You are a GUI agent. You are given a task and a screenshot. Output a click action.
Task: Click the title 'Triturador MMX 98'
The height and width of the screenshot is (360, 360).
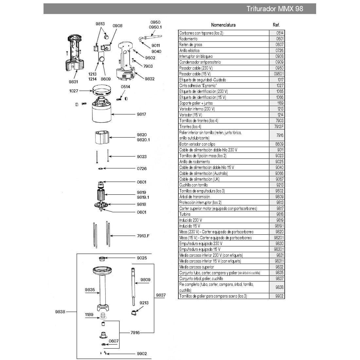point(275,9)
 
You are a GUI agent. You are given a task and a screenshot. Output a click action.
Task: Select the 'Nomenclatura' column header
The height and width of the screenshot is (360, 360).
point(223,25)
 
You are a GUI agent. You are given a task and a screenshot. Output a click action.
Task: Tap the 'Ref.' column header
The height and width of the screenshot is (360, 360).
point(276,25)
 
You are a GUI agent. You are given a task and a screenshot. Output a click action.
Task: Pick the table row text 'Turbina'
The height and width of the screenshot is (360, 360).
point(185,214)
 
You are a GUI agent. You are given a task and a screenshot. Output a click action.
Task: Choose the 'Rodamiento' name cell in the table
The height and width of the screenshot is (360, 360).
point(189,39)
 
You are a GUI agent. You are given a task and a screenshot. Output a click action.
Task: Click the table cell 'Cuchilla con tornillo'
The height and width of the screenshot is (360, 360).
point(193,185)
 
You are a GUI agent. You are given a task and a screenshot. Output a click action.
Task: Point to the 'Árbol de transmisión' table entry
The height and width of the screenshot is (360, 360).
point(195,197)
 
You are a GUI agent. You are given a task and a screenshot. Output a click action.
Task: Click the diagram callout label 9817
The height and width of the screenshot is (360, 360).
point(141,114)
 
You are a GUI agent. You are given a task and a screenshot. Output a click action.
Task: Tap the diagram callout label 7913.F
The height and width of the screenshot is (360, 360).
point(143,236)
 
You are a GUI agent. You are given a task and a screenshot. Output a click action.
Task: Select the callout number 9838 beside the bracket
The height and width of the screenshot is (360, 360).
point(60,312)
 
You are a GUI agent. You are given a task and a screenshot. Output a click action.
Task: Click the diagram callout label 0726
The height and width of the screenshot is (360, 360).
point(142,169)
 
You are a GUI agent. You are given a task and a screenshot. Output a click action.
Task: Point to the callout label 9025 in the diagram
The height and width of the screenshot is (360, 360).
point(142,258)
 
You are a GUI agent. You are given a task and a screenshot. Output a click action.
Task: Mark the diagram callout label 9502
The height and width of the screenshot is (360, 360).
point(150,58)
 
